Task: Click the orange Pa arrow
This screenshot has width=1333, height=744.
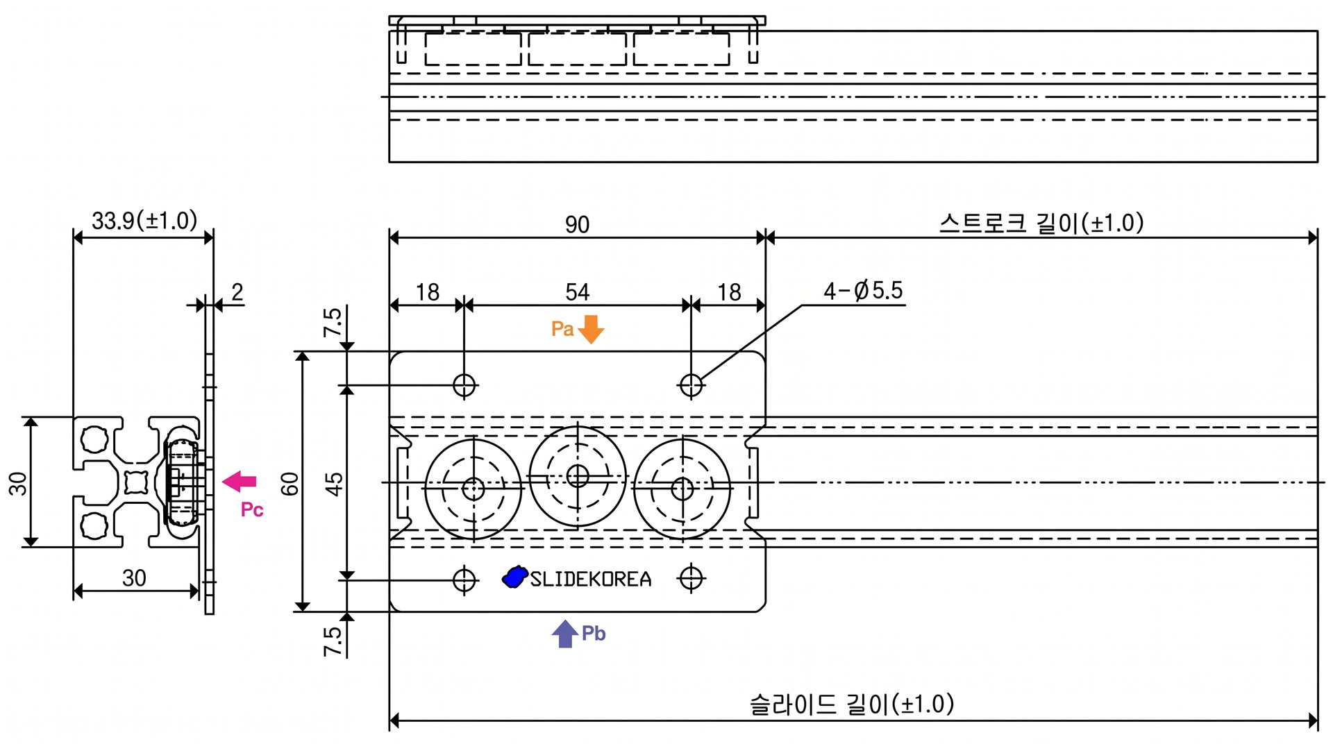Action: pyautogui.click(x=591, y=329)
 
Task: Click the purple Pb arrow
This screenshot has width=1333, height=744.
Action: pyautogui.click(x=565, y=633)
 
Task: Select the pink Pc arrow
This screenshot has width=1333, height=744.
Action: pyautogui.click(x=240, y=481)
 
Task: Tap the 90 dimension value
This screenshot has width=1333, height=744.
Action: pyautogui.click(x=577, y=224)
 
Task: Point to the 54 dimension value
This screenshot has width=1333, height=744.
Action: pyautogui.click(x=577, y=291)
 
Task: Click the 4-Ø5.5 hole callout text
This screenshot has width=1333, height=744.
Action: pyautogui.click(x=863, y=290)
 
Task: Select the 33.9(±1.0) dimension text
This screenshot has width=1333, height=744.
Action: pyautogui.click(x=144, y=221)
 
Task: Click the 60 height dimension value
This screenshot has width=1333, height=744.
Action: pyautogui.click(x=290, y=483)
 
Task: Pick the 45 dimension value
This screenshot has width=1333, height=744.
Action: pyautogui.click(x=334, y=484)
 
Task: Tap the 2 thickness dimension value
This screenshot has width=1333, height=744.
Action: pyautogui.click(x=237, y=291)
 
